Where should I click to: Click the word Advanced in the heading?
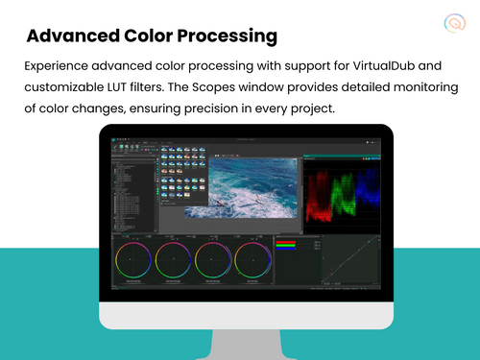coord(72,37)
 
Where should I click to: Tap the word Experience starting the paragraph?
coord(59,67)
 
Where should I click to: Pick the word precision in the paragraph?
coord(243,108)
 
